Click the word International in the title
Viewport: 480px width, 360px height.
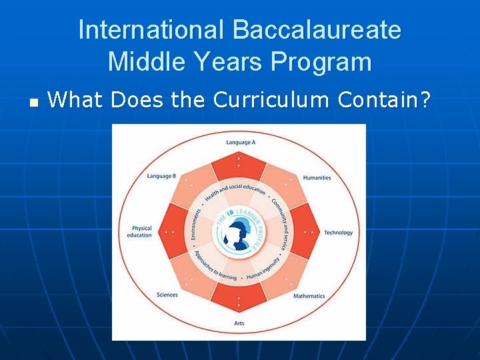click(151, 30)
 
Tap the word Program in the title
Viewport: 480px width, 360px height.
click(321, 62)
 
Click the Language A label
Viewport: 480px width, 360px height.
click(240, 143)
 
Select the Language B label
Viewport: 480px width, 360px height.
click(161, 177)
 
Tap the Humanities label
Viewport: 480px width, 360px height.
click(317, 178)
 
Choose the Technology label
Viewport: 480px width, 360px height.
click(338, 233)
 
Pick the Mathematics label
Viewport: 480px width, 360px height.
click(309, 296)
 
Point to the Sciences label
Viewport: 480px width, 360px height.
click(167, 295)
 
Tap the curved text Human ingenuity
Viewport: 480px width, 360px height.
click(261, 273)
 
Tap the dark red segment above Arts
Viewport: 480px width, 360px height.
click(239, 298)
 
